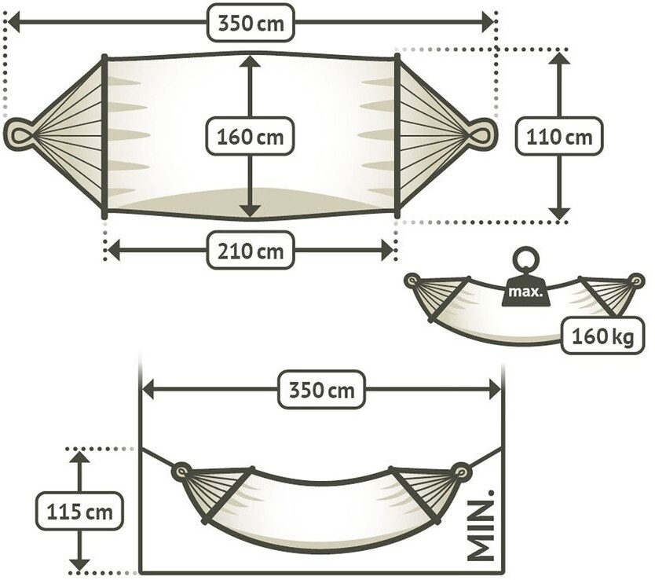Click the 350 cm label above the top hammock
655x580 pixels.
pos(251,23)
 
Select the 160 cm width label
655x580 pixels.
pos(249,135)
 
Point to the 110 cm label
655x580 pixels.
pos(559,136)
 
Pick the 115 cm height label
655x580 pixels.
pos(79,512)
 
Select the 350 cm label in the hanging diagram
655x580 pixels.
pos(322,390)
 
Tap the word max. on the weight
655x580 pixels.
pos(525,292)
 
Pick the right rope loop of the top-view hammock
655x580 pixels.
pos(482,132)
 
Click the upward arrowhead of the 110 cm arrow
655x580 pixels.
pos(559,58)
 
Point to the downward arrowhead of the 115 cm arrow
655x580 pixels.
pos(79,563)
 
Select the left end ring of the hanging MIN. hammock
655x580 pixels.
pos(181,472)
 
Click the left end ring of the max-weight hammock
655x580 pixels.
pos(412,279)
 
